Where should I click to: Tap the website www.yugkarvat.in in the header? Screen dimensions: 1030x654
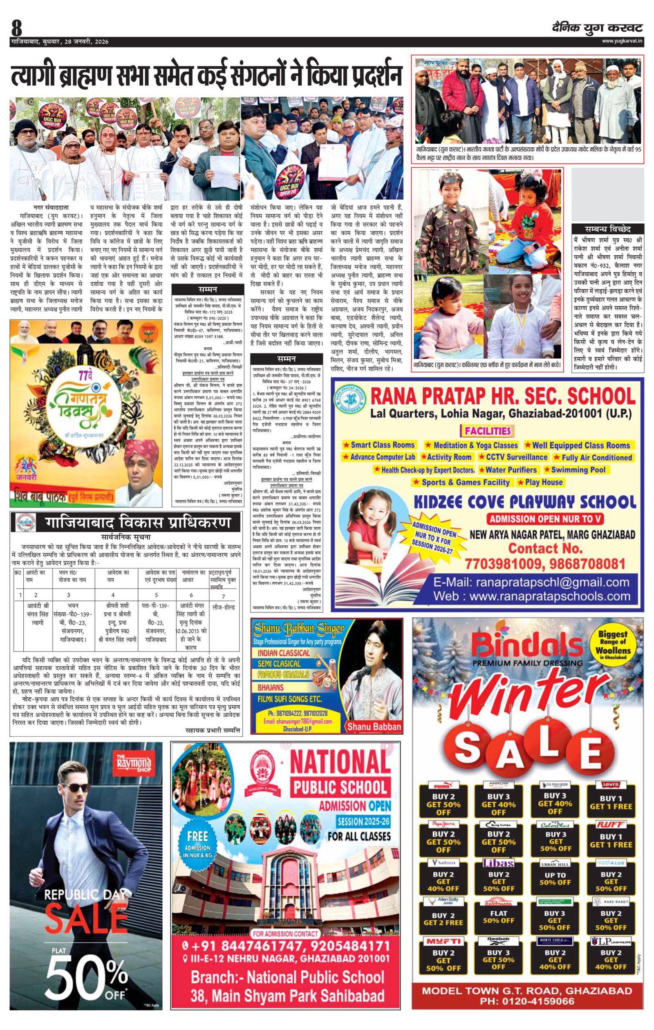[623, 41]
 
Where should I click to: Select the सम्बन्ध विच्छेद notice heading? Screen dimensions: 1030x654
[607, 228]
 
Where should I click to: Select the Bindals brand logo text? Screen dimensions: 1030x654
[527, 645]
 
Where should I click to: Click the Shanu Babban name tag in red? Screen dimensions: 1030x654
[374, 726]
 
